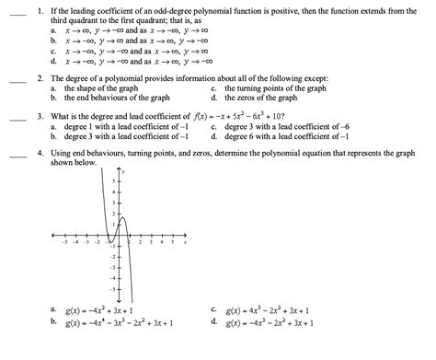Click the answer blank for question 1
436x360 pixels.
coord(17,15)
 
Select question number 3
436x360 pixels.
coord(42,119)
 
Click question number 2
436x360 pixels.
coord(42,80)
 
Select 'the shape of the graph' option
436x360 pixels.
coord(102,89)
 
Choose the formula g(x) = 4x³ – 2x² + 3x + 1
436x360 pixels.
coord(271,311)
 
